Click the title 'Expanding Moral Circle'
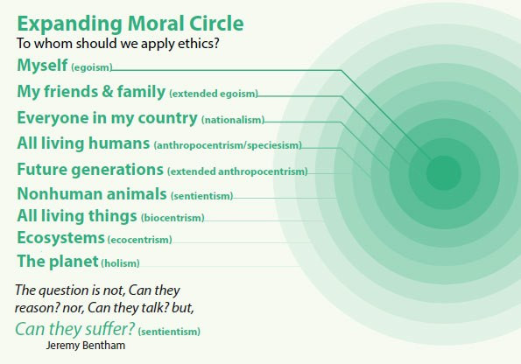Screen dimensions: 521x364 (x=130, y=24)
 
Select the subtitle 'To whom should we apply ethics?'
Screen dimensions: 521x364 (x=118, y=44)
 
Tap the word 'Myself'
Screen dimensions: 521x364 (x=42, y=66)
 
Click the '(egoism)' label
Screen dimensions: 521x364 (x=92, y=67)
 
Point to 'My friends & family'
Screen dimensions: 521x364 (x=91, y=91)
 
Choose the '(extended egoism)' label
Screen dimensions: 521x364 (x=214, y=94)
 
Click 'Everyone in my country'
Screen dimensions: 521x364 (x=108, y=118)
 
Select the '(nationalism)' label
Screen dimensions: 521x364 (x=233, y=120)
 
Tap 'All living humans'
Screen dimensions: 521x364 (x=83, y=143)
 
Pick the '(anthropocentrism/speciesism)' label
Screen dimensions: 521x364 (x=228, y=145)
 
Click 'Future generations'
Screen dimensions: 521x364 (x=90, y=169)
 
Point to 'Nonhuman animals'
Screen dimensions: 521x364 (x=92, y=193)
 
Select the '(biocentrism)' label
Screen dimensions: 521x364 (x=172, y=218)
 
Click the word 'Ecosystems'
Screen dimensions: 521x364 (x=60, y=238)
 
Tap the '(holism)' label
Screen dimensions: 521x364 (x=120, y=263)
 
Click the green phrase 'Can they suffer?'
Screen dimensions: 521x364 (x=75, y=329)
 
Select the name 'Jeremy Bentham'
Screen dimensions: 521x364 (x=86, y=346)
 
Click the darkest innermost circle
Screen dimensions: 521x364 (x=444, y=172)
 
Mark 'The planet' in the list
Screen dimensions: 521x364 (x=58, y=262)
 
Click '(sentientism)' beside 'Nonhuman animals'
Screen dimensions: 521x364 (x=202, y=196)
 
